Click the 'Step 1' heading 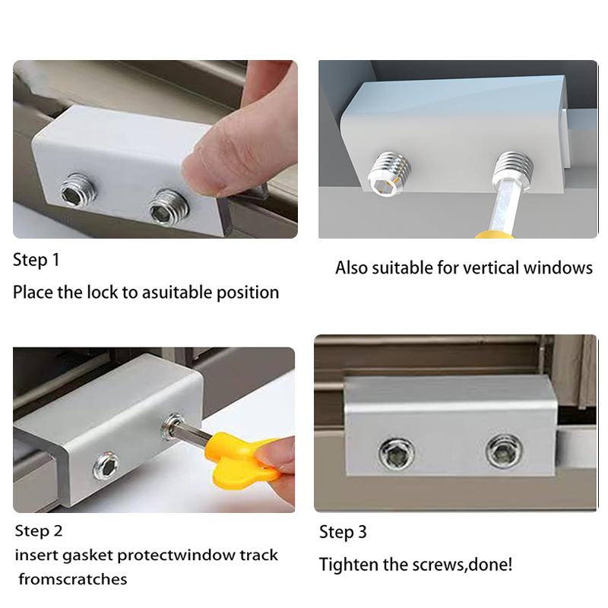[x=36, y=260]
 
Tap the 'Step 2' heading [x=39, y=530]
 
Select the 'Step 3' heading [x=343, y=532]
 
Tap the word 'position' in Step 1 [x=248, y=293]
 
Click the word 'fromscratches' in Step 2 [x=73, y=579]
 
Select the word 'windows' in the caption [x=558, y=268]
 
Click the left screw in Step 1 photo [x=77, y=191]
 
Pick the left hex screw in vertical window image [x=389, y=173]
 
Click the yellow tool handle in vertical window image [x=494, y=234]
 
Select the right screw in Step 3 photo [x=504, y=451]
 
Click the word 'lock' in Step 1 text [x=102, y=292]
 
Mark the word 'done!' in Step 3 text [x=490, y=565]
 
